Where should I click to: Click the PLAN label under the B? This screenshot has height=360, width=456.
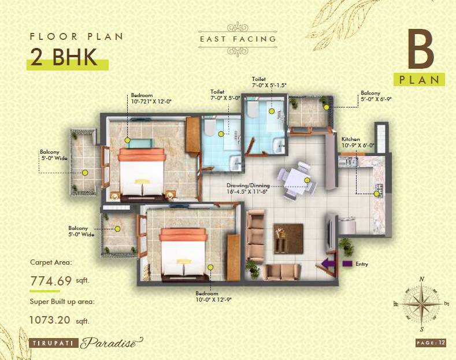(x=420, y=79)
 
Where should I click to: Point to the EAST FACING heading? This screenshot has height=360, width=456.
(x=238, y=40)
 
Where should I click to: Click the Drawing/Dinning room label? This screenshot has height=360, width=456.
(x=248, y=188)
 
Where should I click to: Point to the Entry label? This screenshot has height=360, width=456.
(x=361, y=264)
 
